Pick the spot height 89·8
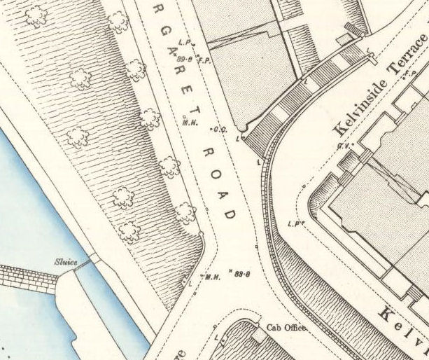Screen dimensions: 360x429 [185, 50]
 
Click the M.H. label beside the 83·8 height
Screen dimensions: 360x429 [212, 276]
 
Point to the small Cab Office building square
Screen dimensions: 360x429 [258, 337]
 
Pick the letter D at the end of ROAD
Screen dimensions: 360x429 [231, 214]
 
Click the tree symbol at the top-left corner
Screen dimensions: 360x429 [36, 15]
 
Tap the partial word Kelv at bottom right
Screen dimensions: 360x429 [407, 326]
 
